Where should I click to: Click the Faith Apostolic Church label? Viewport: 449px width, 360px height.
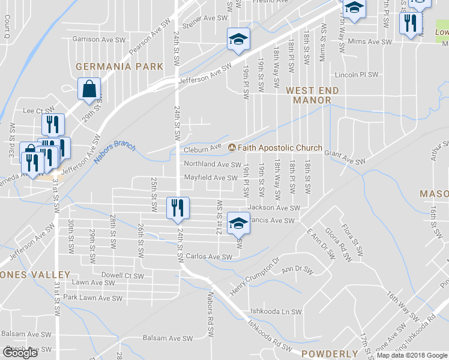[x=280, y=148]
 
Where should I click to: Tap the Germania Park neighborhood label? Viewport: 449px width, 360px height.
[x=119, y=66]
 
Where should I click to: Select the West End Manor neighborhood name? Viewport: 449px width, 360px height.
[x=312, y=95]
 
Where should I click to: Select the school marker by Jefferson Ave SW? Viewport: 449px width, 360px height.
[x=238, y=40]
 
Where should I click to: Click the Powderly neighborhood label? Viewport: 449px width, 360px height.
[x=330, y=353]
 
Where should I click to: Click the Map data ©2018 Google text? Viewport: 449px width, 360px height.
[x=412, y=356]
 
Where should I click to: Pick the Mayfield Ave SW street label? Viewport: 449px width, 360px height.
[x=211, y=178]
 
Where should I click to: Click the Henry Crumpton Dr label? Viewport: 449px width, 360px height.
[x=255, y=273]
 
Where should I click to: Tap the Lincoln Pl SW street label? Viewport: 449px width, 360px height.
[x=357, y=75]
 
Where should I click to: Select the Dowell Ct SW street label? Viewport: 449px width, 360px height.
[x=122, y=277]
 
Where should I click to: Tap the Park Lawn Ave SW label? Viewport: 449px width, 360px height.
[x=93, y=298]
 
